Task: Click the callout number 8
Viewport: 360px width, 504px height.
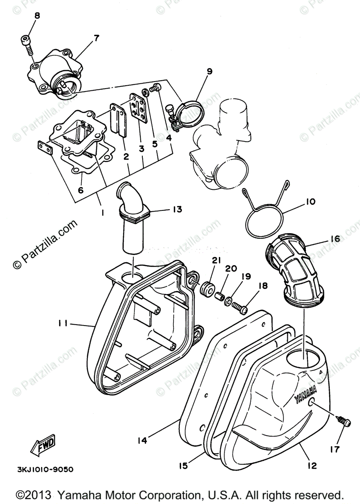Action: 37,16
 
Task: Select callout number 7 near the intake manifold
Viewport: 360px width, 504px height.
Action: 96,38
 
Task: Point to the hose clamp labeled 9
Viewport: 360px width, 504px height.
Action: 192,111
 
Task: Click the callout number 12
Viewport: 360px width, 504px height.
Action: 312,465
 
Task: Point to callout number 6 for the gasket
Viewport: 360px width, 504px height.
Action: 80,190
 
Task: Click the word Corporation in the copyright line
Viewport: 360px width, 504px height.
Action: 168,494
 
